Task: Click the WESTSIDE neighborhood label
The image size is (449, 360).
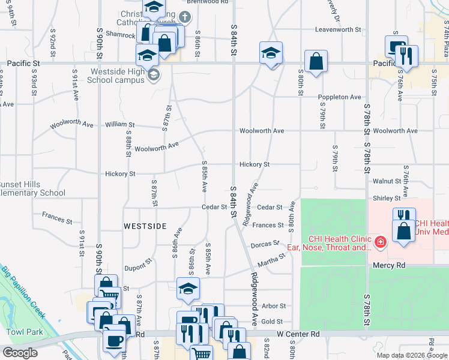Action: click(x=145, y=226)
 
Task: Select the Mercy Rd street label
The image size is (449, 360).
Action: click(x=389, y=265)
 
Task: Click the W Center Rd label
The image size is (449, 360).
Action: click(x=298, y=333)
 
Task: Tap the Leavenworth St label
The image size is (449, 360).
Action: click(x=339, y=29)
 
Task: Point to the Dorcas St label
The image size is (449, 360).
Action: click(x=265, y=244)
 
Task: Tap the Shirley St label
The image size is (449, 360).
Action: click(x=387, y=198)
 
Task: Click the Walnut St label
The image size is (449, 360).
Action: click(x=387, y=181)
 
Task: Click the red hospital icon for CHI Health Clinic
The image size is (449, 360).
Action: click(x=379, y=242)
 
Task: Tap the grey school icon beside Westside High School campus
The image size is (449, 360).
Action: click(x=154, y=75)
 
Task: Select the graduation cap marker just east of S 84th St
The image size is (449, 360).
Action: click(x=271, y=54)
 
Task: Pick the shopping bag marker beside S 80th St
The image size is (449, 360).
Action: click(x=316, y=61)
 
